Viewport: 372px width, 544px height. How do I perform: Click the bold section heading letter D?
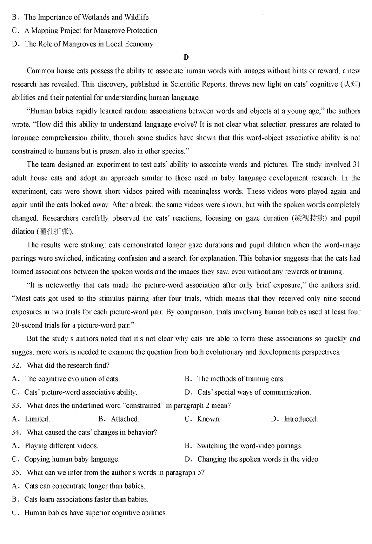(186, 57)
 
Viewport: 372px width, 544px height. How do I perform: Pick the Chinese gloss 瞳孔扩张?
(53, 232)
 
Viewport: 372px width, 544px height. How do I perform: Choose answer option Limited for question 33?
(37, 419)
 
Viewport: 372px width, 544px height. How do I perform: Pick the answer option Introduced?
(300, 419)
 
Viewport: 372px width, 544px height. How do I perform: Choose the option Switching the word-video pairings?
(249, 446)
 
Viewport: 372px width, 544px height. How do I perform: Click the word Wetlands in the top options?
(99, 17)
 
